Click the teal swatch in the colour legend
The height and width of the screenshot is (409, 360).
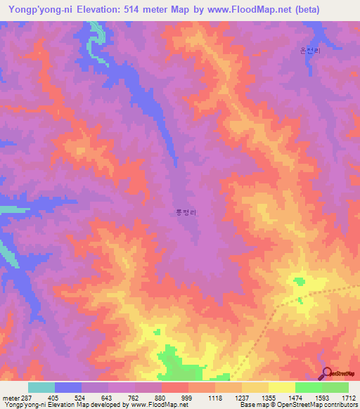(x=41, y=387)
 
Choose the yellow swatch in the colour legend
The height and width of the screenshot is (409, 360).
(x=282, y=387)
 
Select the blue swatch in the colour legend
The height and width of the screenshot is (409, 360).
(x=68, y=387)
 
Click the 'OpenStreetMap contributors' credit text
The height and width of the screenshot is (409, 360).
(x=321, y=405)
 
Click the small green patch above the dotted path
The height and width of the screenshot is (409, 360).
(x=300, y=282)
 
